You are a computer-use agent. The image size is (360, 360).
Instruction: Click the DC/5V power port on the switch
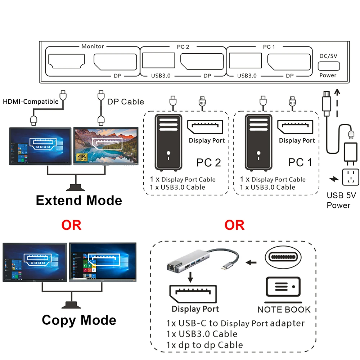[x=329, y=66]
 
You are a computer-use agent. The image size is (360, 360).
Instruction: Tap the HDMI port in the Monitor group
[x=67, y=61]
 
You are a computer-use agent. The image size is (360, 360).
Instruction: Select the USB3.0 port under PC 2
[x=158, y=60]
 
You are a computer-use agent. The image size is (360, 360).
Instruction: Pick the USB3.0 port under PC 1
[x=245, y=60]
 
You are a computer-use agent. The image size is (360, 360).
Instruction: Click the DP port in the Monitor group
[x=115, y=62]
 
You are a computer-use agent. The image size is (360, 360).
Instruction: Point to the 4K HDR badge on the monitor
[x=82, y=157]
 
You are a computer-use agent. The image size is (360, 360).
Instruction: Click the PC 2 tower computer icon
[x=168, y=143]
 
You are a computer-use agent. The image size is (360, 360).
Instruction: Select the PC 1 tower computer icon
[x=258, y=143]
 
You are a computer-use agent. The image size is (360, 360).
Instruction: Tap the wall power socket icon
[x=350, y=177]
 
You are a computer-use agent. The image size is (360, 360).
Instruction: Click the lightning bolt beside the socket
[x=334, y=179]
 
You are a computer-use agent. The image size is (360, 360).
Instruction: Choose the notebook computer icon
[x=283, y=290]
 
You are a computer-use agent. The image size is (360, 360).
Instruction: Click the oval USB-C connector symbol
[x=283, y=257]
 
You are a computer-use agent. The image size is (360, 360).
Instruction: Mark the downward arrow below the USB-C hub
[x=190, y=277]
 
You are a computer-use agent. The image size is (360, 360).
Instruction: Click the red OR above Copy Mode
[x=71, y=225]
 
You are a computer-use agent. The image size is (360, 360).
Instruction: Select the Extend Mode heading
[x=79, y=200]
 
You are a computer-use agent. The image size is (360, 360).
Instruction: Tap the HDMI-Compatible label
[x=31, y=102]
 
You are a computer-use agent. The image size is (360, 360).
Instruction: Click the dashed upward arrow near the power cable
[x=337, y=103]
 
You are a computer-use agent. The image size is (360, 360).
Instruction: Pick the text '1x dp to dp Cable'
[x=204, y=345]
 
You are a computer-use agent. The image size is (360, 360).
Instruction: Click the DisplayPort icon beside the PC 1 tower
[x=295, y=127]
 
